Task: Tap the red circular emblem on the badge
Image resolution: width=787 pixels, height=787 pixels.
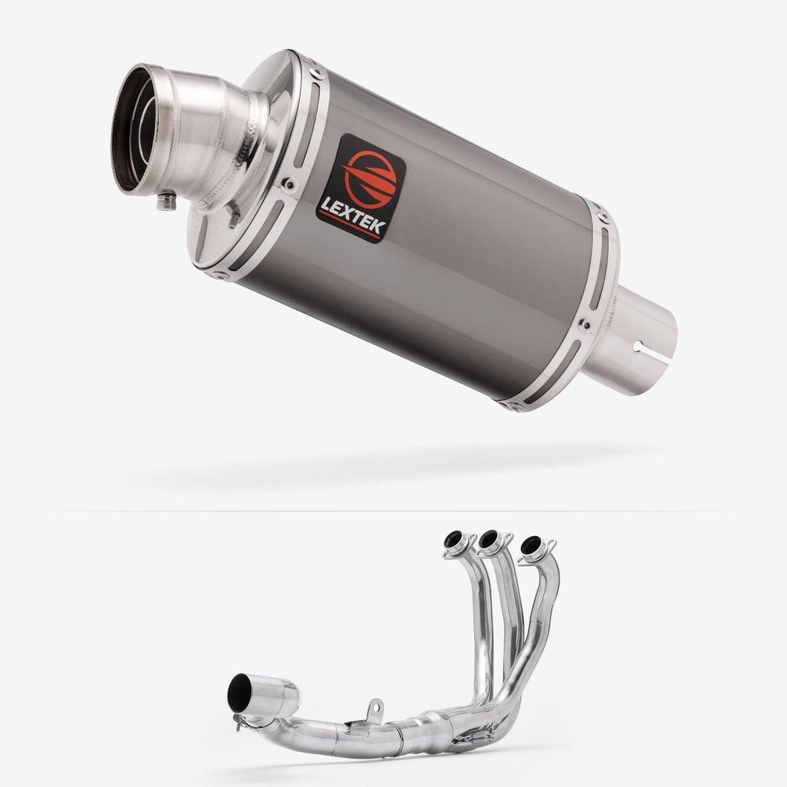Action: click(371, 178)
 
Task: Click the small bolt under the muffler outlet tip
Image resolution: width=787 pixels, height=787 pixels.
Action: click(167, 201)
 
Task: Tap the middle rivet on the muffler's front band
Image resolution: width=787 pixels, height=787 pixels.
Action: click(289, 183)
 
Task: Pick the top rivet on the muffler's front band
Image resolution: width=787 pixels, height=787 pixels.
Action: click(316, 73)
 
